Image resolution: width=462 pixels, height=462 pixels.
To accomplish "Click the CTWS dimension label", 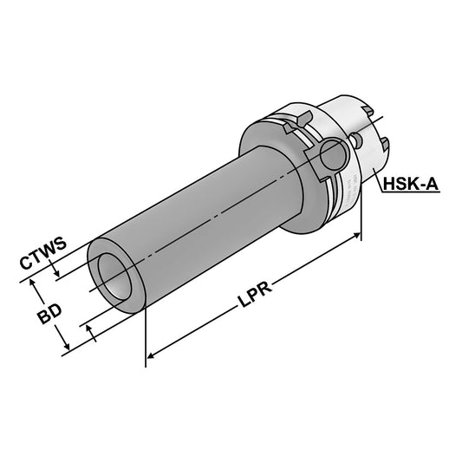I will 43,258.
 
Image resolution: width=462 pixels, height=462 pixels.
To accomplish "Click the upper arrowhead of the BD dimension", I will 32,282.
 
